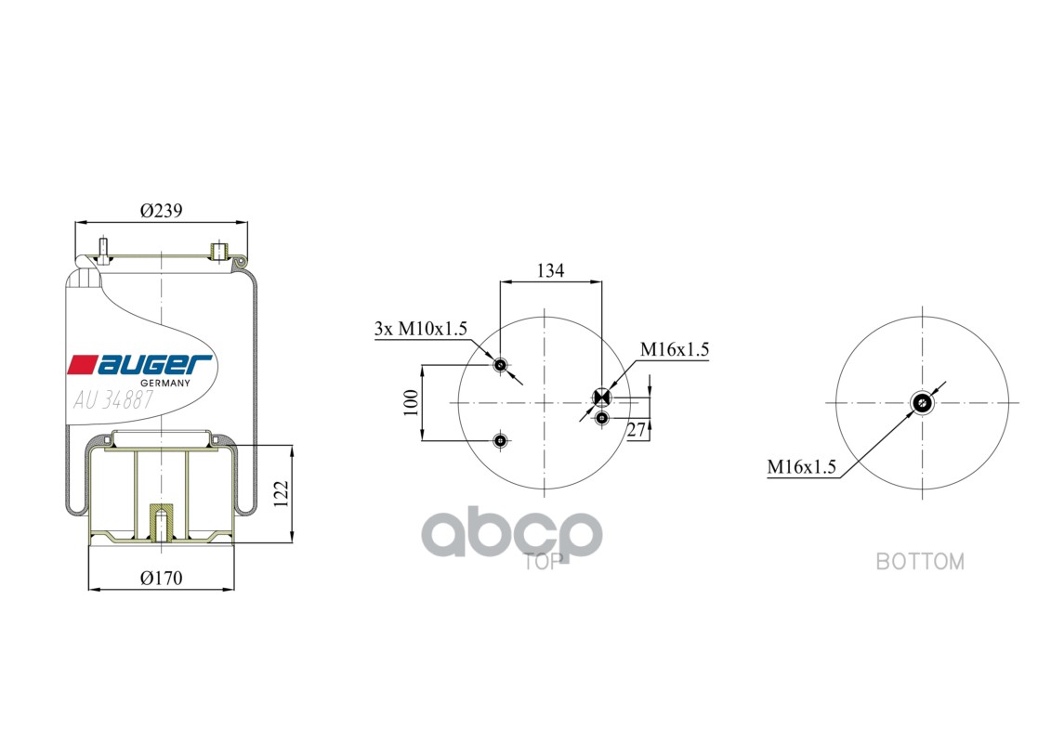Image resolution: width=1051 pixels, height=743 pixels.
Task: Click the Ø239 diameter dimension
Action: pyautogui.click(x=161, y=211)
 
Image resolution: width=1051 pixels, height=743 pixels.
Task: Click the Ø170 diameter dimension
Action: pyautogui.click(x=161, y=578)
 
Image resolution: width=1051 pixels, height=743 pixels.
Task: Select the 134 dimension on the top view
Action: pyautogui.click(x=551, y=270)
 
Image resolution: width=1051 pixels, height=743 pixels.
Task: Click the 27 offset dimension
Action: pyautogui.click(x=637, y=429)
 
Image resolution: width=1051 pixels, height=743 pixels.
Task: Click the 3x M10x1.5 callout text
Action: pyautogui.click(x=420, y=328)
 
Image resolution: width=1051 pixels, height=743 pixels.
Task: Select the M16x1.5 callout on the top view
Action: pyautogui.click(x=674, y=350)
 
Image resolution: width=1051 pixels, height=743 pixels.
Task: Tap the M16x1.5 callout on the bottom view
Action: pyautogui.click(x=802, y=467)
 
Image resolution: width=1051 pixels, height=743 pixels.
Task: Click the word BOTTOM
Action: pyautogui.click(x=920, y=561)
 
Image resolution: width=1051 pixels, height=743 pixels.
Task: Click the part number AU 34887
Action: pyautogui.click(x=113, y=400)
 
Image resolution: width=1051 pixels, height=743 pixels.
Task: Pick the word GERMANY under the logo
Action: pyautogui.click(x=164, y=383)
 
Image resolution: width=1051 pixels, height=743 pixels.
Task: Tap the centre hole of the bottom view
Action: pyautogui.click(x=922, y=402)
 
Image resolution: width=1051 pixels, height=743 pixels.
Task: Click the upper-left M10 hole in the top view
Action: pyautogui.click(x=501, y=365)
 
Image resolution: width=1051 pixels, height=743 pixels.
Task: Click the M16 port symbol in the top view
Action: pyautogui.click(x=601, y=398)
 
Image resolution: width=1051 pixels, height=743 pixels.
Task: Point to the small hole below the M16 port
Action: pyautogui.click(x=602, y=419)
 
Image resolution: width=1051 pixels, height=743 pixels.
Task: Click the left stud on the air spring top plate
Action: pyautogui.click(x=102, y=251)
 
